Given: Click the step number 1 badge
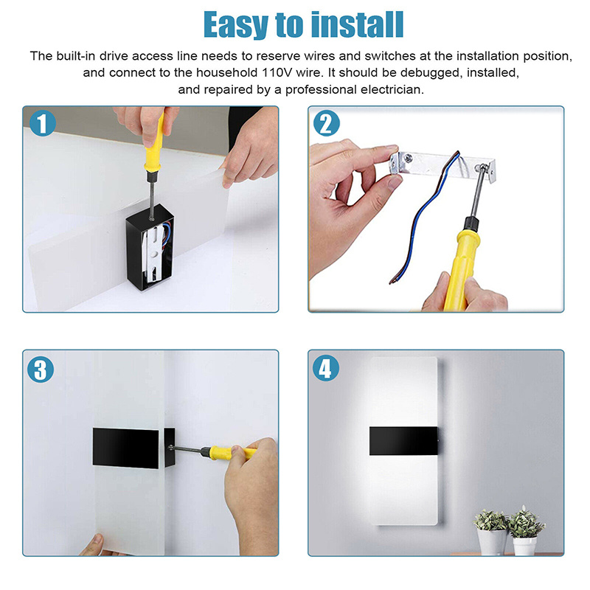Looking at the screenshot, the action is pyautogui.click(x=43, y=123).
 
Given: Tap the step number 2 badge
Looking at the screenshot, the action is pyautogui.click(x=326, y=123).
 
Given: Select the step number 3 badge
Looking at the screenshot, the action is pyautogui.click(x=41, y=369).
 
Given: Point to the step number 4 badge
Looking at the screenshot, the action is pyautogui.click(x=326, y=368).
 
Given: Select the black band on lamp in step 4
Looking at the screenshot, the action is pyautogui.click(x=403, y=441).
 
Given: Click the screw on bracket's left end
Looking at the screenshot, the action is pyautogui.click(x=409, y=158).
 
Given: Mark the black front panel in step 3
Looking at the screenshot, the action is pyautogui.click(x=125, y=448).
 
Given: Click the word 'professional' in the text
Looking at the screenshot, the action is pyautogui.click(x=321, y=89).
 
